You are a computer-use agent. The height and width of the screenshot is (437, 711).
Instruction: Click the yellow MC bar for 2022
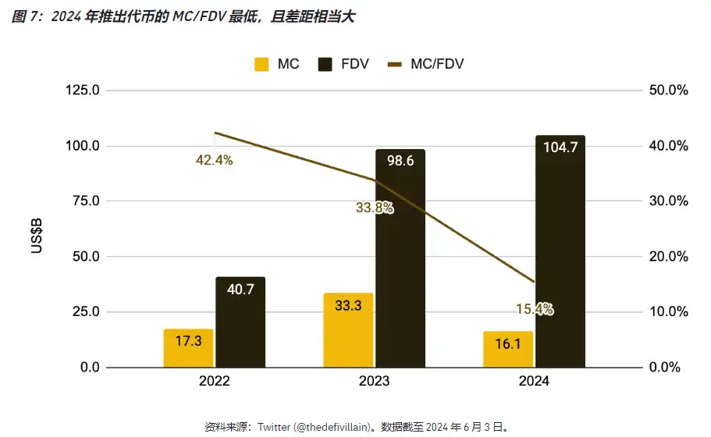(188, 348)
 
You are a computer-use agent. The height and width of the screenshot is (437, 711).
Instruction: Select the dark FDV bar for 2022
(240, 322)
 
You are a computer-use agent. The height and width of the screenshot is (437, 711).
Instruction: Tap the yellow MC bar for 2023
(348, 330)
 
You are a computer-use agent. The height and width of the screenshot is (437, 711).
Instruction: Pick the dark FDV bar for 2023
(400, 258)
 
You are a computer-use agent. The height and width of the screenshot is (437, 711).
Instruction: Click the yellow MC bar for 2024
(508, 349)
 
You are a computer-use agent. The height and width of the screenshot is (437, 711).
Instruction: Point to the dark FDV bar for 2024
(560, 251)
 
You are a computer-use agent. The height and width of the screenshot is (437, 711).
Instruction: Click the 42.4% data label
(214, 161)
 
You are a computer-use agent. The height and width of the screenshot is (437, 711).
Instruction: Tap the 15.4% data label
(535, 310)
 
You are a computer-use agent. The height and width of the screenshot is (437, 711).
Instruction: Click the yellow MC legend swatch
(261, 64)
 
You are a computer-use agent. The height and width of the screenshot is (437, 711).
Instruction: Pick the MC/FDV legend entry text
(437, 64)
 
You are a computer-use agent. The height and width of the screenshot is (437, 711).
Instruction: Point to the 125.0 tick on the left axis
(83, 91)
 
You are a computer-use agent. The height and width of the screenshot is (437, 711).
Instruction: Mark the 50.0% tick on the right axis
(669, 91)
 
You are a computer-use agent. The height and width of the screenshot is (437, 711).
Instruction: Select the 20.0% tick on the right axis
(669, 257)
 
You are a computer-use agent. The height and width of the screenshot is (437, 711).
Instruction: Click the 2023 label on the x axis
(374, 382)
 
